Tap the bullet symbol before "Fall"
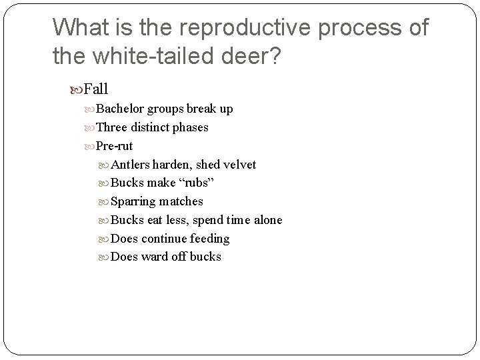[x=78, y=89]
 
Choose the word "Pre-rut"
[x=114, y=145]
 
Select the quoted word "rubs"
[x=195, y=183]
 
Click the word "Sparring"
[x=133, y=201]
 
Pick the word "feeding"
[x=210, y=238]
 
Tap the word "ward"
[x=155, y=257]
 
